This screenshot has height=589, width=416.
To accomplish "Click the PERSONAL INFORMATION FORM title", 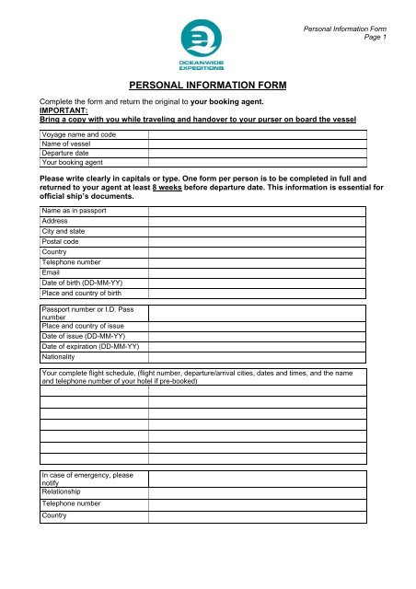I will pyautogui.click(x=208, y=86).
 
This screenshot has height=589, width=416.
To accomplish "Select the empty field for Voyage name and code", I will pyautogui.click(x=259, y=135).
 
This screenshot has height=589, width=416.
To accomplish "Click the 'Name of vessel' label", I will pyautogui.click(x=67, y=145).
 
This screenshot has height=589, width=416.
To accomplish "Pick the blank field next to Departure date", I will pyautogui.click(x=259, y=155).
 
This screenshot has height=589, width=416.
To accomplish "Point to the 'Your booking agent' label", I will pyautogui.click(x=72, y=165).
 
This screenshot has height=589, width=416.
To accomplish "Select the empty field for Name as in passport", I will pyautogui.click(x=259, y=211).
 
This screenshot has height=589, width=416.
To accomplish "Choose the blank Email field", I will pyautogui.click(x=259, y=272).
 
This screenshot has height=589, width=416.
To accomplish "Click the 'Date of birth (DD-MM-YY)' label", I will pyautogui.click(x=84, y=283).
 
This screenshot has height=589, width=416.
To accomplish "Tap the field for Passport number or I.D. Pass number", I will pyautogui.click(x=259, y=313).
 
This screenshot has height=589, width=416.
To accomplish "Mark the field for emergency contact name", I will pyautogui.click(x=259, y=479).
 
